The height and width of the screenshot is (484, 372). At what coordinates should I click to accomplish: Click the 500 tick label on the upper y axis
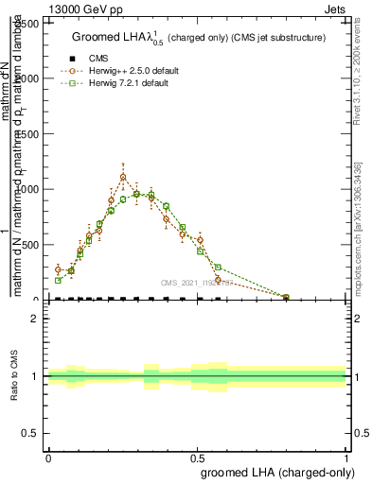coord(29,245)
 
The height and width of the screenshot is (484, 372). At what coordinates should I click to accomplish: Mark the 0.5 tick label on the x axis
coord(197,457)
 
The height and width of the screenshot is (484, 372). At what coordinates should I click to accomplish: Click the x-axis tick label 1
coord(346,457)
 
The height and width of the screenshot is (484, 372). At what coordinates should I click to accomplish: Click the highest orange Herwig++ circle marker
coord(123,177)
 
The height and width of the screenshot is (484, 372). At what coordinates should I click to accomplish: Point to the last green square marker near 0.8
coord(286,297)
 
